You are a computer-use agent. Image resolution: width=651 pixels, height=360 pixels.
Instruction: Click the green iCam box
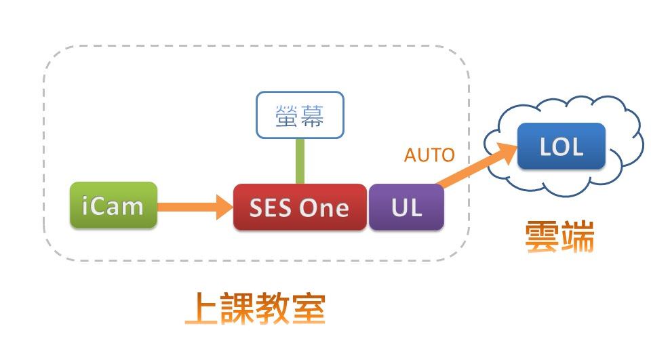(x=113, y=205)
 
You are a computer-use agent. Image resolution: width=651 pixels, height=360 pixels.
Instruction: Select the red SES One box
(x=299, y=207)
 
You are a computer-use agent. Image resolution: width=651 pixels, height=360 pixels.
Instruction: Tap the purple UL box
(x=406, y=207)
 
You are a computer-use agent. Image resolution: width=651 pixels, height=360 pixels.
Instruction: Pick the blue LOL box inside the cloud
(x=561, y=146)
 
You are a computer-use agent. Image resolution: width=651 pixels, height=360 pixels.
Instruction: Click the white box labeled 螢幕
(x=300, y=116)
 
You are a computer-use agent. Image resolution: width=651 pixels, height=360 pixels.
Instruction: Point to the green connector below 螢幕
(x=300, y=162)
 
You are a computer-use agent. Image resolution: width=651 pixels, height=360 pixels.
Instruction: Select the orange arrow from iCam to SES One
(x=194, y=206)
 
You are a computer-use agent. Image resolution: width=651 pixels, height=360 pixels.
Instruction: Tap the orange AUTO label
(x=429, y=155)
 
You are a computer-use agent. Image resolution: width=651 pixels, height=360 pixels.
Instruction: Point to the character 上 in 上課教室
(x=202, y=310)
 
